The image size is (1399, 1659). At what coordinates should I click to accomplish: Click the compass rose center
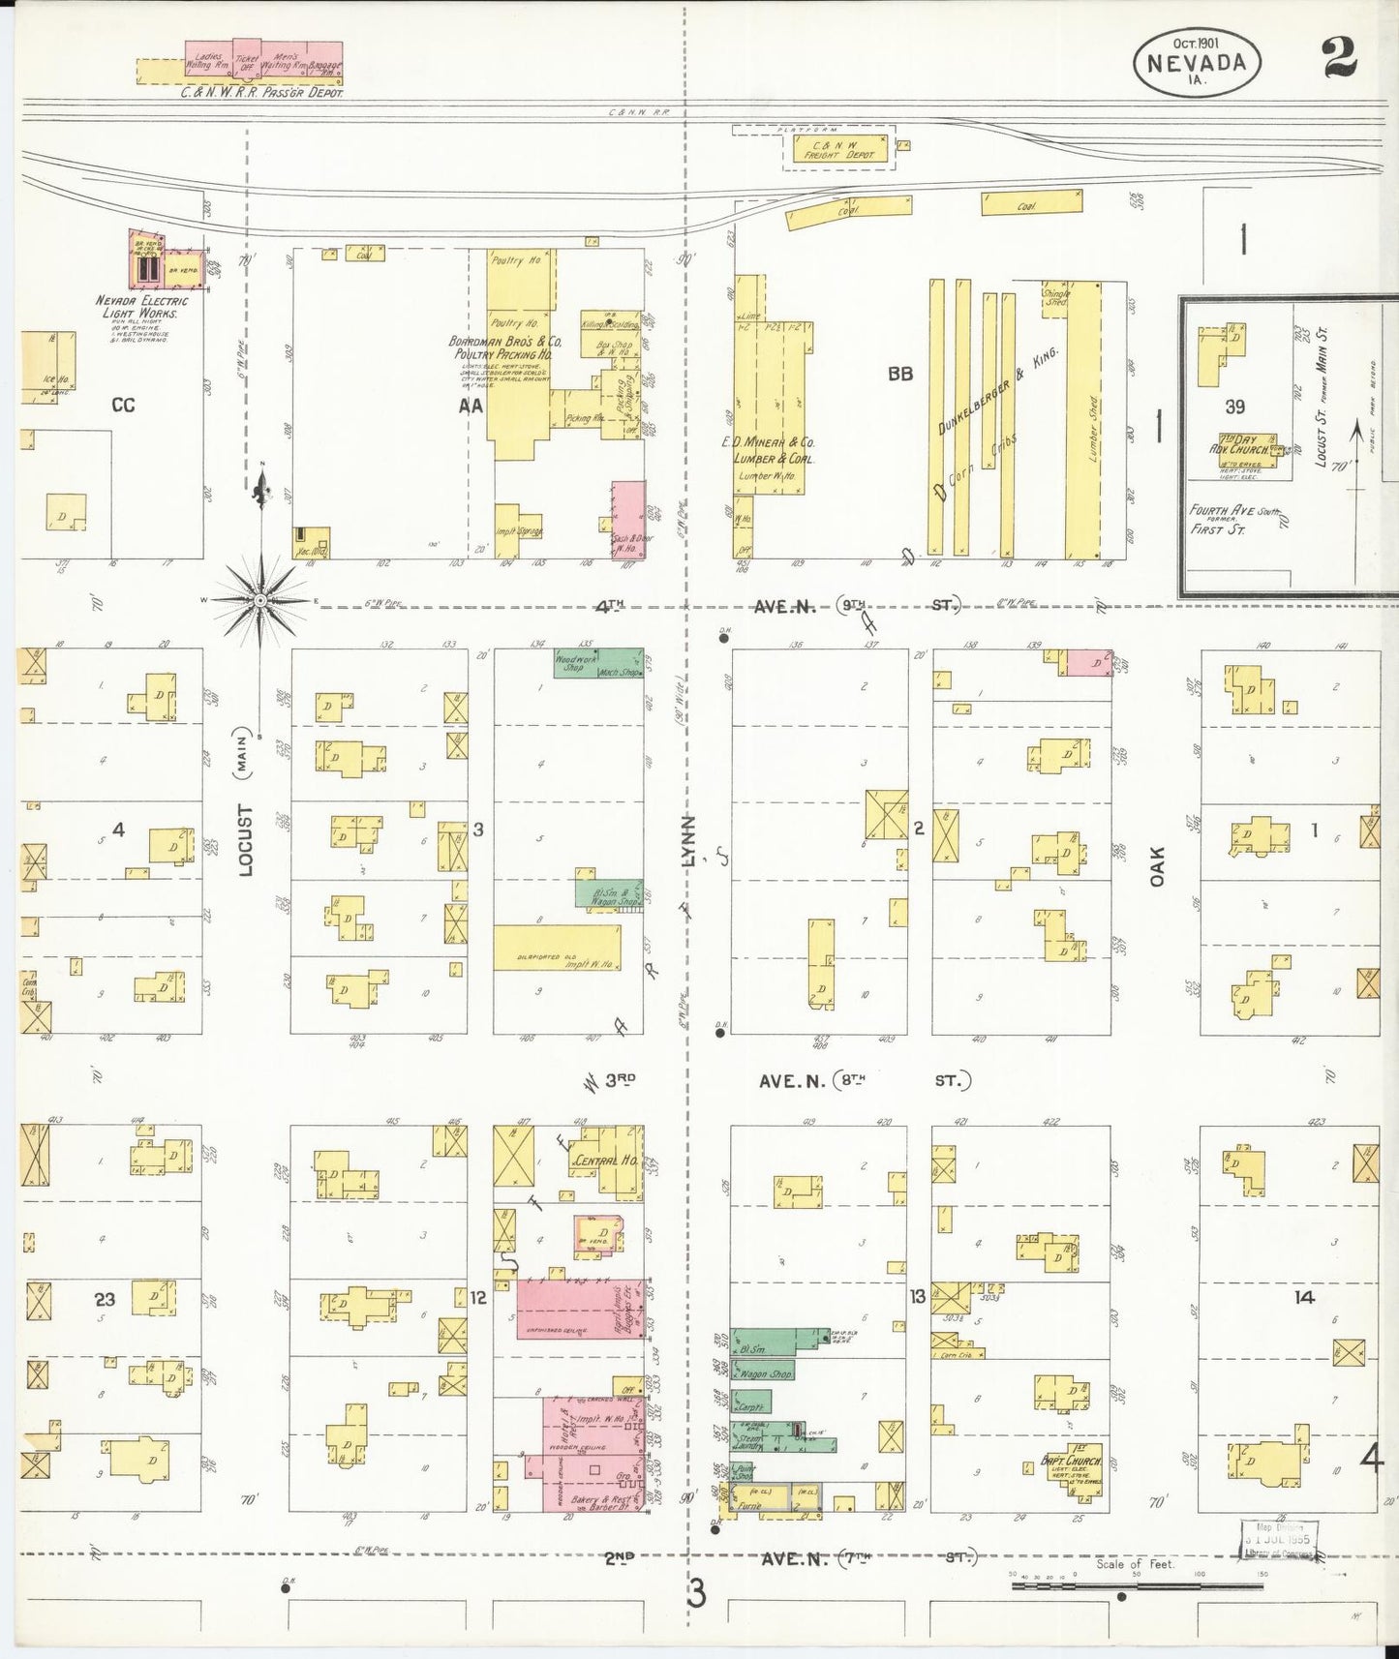[x=259, y=601]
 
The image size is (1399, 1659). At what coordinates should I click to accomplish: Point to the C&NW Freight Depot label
[x=836, y=149]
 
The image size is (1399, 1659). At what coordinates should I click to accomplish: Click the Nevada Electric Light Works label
[x=142, y=307]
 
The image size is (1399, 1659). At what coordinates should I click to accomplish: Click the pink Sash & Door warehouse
[x=627, y=519]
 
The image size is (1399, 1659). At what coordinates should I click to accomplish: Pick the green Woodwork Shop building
[x=597, y=663]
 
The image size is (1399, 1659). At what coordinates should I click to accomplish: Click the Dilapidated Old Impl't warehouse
[x=557, y=948]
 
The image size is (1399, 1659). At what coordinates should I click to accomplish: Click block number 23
[x=105, y=1299]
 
